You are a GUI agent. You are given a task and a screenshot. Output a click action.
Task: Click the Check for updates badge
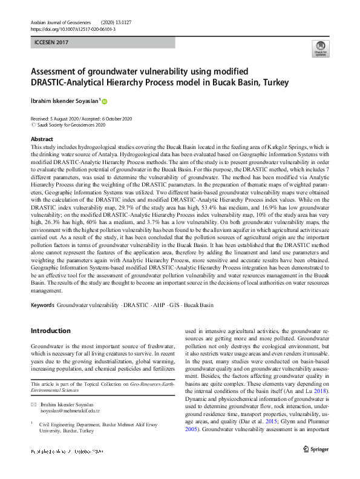point(320,50)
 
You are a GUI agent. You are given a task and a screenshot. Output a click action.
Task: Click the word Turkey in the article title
point(272,82)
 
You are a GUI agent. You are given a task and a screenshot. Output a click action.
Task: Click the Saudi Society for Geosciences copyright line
point(71,125)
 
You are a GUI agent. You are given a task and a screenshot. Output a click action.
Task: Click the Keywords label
point(43,306)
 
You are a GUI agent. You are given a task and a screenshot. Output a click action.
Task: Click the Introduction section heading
point(50,331)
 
